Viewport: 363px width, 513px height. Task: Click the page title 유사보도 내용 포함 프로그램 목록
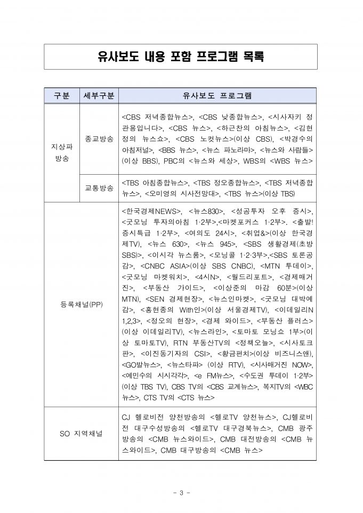(x=181, y=56)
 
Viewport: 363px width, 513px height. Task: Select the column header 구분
(x=61, y=95)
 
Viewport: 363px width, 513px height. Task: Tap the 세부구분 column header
(x=99, y=95)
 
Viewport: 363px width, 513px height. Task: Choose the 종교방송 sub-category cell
(x=99, y=139)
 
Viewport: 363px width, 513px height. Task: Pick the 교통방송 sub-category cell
(x=99, y=188)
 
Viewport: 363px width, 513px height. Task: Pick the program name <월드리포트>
(x=247, y=276)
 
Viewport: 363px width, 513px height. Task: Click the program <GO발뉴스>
(x=142, y=364)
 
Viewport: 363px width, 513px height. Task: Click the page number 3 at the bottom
(x=181, y=492)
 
